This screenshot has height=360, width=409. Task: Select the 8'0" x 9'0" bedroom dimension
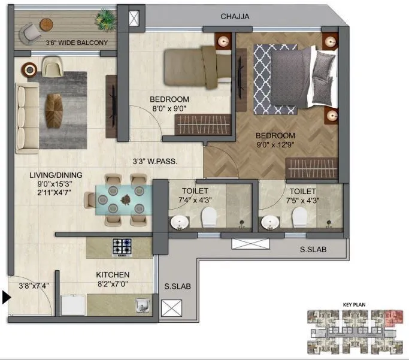[169, 109]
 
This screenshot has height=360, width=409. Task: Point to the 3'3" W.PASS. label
[155, 161]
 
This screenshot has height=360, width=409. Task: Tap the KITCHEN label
[113, 275]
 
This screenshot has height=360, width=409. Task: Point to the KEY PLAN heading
[354, 304]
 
